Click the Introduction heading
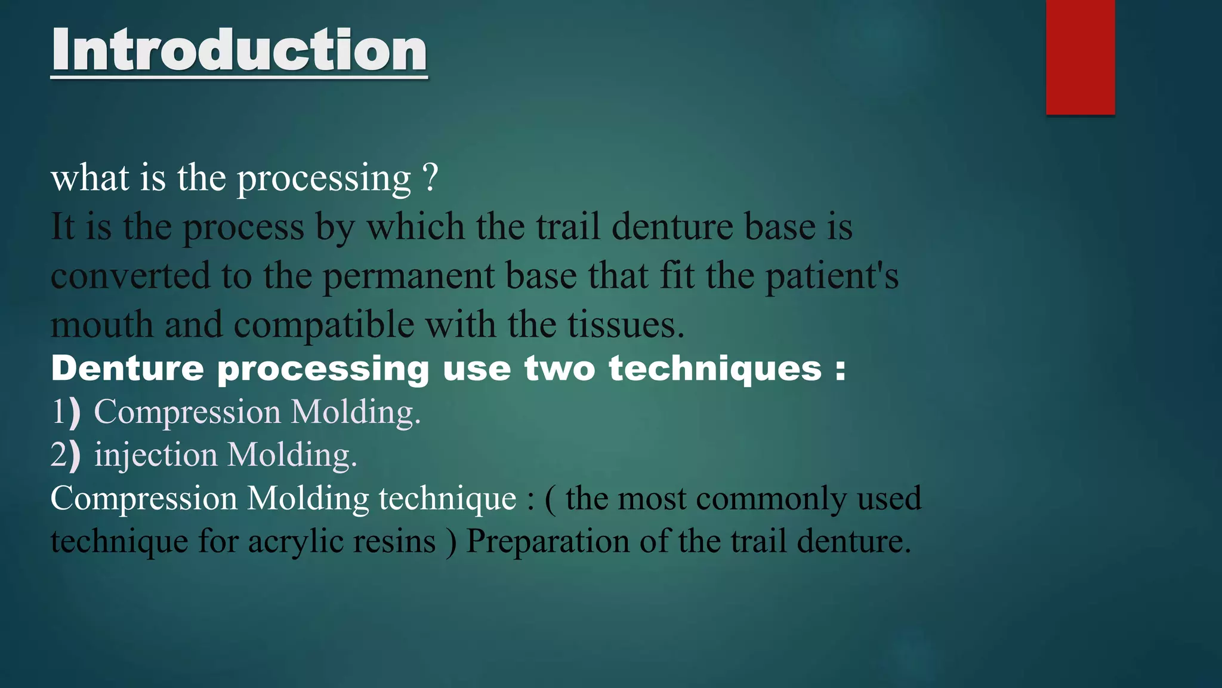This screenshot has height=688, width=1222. pyautogui.click(x=239, y=50)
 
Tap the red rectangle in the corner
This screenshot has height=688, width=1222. pyautogui.click(x=1080, y=57)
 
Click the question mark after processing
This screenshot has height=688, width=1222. pyautogui.click(x=430, y=178)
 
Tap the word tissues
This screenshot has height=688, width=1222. pyautogui.click(x=625, y=325)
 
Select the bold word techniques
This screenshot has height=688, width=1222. pyautogui.click(x=715, y=368)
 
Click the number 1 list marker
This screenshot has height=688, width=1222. pyautogui.click(x=59, y=412)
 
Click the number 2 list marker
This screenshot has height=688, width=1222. pyautogui.click(x=59, y=455)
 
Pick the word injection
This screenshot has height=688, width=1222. pyautogui.click(x=156, y=455)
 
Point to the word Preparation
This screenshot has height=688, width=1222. pyautogui.click(x=547, y=542)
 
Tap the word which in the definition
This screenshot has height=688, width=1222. pyautogui.click(x=415, y=228)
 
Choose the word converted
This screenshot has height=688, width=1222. pyautogui.click(x=130, y=277)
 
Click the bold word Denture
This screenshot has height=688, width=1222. pyautogui.click(x=127, y=368)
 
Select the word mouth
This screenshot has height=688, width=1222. pyautogui.click(x=102, y=325)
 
